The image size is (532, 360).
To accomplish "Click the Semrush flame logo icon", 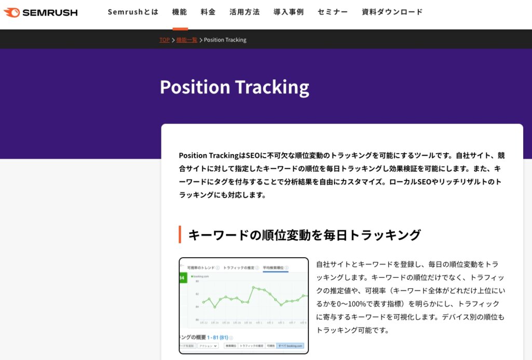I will [11, 12].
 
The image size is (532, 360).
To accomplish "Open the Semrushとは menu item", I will [133, 12].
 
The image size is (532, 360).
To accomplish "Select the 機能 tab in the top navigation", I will [180, 12].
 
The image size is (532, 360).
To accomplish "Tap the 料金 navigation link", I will [208, 12].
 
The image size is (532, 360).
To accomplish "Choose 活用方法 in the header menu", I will [244, 12].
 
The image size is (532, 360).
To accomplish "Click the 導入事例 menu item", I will [289, 12].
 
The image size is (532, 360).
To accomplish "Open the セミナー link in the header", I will [333, 12].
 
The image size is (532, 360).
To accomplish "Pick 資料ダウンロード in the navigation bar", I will [392, 12].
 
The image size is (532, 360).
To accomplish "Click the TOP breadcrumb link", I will [165, 40].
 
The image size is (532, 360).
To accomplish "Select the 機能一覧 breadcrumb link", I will [187, 40].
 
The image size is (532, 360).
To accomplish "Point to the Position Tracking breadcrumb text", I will [225, 40].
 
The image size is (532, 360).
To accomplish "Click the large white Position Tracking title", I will [234, 87].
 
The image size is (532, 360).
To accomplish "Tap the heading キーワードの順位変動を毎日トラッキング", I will [304, 235].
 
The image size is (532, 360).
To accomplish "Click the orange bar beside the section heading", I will [180, 234].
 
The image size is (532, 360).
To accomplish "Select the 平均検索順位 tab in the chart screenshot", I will [275, 268].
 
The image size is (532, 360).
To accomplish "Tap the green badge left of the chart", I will [182, 279].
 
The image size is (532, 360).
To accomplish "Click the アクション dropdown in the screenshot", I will [208, 345].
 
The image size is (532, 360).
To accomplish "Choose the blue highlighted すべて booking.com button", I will [290, 345].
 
